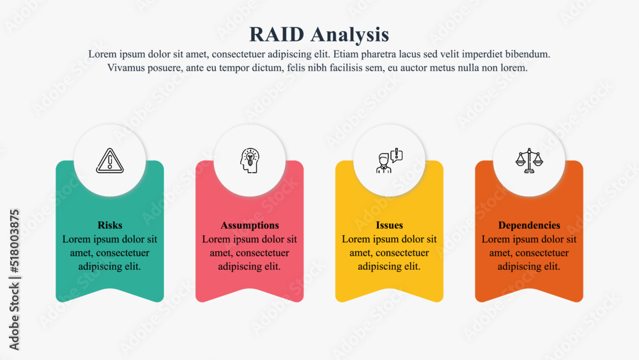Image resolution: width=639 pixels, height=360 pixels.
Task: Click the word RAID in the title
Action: point(277,35)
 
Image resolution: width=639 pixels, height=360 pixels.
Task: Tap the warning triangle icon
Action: point(110,160)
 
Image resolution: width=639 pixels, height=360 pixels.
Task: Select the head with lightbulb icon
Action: point(249,160)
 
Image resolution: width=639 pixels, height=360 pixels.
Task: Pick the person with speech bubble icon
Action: point(389,160)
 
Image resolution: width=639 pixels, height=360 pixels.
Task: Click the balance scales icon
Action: point(529,160)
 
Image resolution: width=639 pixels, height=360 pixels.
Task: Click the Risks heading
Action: point(110,225)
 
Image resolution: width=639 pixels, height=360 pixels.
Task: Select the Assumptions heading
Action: point(250,226)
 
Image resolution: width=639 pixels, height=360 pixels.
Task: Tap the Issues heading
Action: point(389,225)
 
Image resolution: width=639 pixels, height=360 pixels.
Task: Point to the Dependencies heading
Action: point(529,226)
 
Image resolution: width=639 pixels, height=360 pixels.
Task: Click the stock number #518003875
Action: point(14,241)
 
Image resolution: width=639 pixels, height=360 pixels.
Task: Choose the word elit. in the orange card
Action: point(552,266)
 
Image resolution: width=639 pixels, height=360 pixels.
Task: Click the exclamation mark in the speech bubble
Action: point(396,154)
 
